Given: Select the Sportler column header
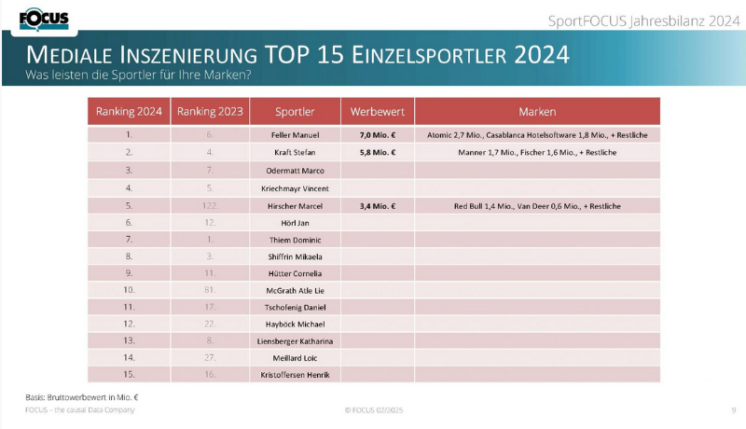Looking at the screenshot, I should [295, 111].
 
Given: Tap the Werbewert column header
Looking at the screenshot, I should [377, 111].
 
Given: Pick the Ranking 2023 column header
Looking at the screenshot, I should [210, 111].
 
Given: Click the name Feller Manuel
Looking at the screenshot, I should [295, 135].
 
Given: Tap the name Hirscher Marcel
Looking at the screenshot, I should [295, 205].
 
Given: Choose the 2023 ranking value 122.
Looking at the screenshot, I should [210, 205].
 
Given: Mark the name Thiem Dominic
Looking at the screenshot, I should [295, 239].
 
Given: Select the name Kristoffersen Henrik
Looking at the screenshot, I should [295, 375].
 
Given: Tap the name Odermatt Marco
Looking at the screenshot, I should [295, 170].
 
